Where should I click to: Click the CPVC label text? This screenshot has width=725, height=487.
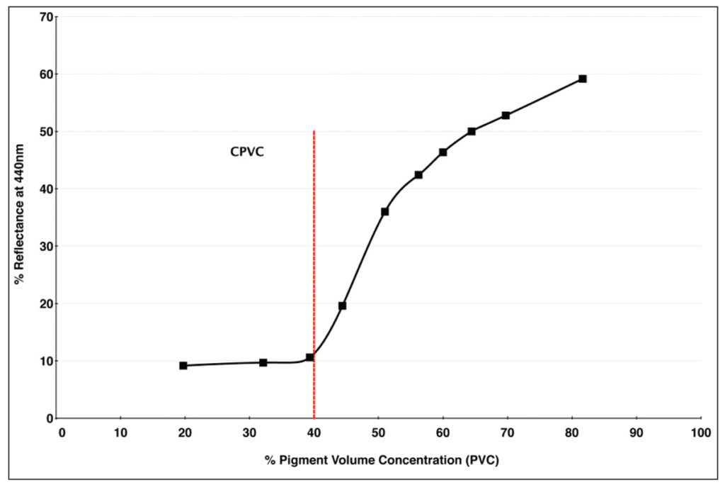(x=247, y=151)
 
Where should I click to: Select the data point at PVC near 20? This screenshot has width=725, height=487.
(x=183, y=366)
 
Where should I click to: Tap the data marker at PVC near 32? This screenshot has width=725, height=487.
(x=263, y=362)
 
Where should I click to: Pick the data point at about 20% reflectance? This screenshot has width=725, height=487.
(x=343, y=306)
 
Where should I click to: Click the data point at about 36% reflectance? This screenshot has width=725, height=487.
(x=384, y=211)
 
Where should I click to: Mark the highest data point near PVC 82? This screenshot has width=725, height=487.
(x=582, y=79)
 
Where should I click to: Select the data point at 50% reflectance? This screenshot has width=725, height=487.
(x=472, y=131)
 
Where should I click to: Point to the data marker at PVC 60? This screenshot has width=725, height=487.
(x=443, y=152)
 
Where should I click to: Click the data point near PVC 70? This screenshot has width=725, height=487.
(x=506, y=116)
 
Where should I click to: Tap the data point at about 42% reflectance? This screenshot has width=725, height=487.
(x=418, y=174)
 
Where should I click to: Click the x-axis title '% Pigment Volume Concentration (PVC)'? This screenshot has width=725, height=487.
(x=382, y=461)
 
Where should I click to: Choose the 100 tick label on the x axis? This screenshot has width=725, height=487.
(x=700, y=432)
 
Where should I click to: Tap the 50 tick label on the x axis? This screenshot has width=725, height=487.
(x=377, y=432)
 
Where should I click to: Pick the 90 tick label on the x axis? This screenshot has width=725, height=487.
(x=636, y=432)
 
